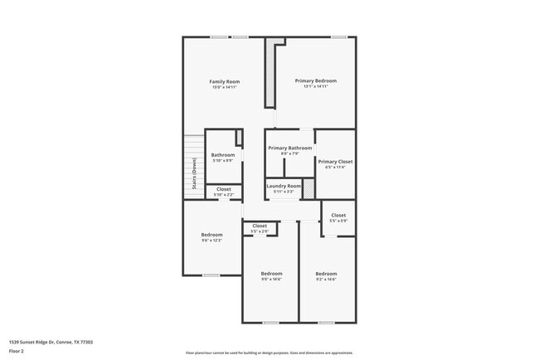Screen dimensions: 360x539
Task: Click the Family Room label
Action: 225,81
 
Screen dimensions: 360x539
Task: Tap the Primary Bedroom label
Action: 316,80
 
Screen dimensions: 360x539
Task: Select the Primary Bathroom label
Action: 290,148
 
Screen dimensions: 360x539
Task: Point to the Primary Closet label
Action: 335,162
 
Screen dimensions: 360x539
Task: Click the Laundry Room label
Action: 284,186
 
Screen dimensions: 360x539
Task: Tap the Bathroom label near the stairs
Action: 223,155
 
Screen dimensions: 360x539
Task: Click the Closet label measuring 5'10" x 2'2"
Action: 224,189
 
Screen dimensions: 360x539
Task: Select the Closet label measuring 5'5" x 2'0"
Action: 260,226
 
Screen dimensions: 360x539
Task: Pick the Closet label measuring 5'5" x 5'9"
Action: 338,215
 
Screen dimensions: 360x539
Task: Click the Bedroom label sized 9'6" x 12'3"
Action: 211,235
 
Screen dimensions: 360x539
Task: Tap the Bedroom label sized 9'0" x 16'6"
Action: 271,274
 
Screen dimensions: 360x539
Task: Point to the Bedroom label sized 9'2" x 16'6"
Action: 326,274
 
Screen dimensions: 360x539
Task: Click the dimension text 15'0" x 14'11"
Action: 225,87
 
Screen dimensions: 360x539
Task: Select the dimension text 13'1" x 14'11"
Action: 316,86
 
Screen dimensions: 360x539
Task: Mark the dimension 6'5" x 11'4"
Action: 335,168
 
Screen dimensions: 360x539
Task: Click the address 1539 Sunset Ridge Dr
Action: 51,342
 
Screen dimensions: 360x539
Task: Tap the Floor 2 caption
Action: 17,351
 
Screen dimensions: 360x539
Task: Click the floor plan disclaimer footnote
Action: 269,352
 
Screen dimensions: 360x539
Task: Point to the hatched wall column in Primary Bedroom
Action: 269,73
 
